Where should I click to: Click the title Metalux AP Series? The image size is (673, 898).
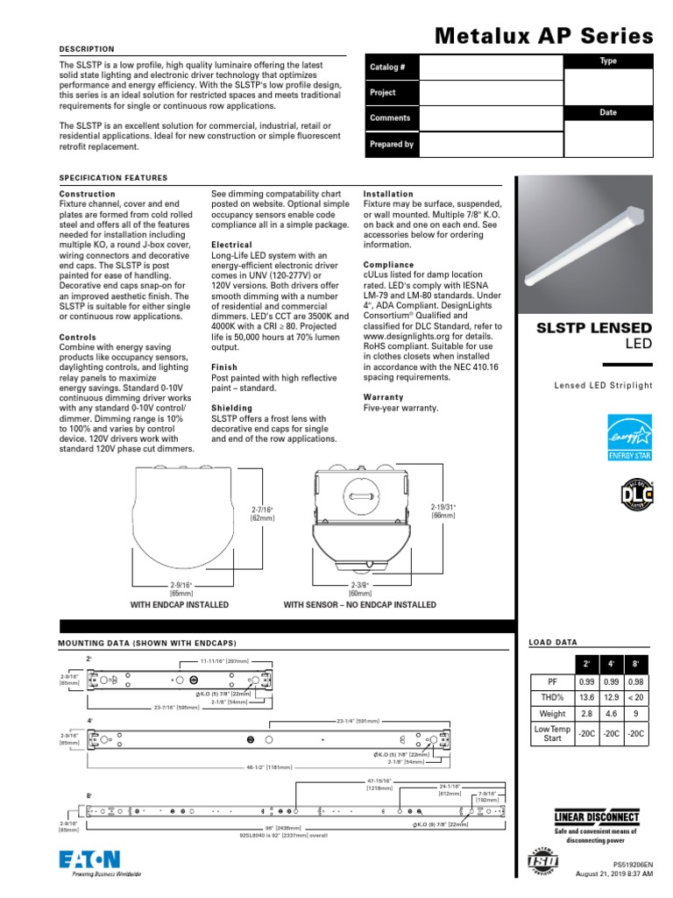[x=544, y=36]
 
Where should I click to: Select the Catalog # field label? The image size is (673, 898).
[x=388, y=67]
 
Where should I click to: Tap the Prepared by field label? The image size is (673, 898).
[x=392, y=144]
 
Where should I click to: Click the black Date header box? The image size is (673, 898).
[x=608, y=112]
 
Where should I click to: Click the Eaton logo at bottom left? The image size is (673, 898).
[x=89, y=862]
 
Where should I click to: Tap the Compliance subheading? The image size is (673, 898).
[x=388, y=265]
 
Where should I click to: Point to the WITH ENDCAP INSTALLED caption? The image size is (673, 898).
[x=180, y=605]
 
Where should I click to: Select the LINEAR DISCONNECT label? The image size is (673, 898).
[x=597, y=818]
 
